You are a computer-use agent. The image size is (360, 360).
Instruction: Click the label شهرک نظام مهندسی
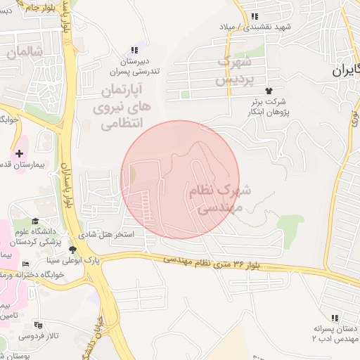tap(215, 198)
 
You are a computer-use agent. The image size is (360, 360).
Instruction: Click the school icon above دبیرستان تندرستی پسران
tap(134, 50)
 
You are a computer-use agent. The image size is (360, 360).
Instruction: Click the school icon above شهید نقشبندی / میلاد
tap(255, 15)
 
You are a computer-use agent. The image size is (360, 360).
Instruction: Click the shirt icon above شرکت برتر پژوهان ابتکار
tap(269, 91)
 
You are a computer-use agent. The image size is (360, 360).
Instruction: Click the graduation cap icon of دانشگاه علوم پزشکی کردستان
tap(34, 221)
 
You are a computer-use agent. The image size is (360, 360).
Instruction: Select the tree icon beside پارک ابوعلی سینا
tap(72, 250)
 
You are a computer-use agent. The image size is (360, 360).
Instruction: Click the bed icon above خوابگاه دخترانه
tap(26, 264)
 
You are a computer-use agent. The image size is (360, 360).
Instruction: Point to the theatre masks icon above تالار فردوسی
tap(37, 325)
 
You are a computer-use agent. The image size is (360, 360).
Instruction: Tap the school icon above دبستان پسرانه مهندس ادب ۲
tap(333, 318)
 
